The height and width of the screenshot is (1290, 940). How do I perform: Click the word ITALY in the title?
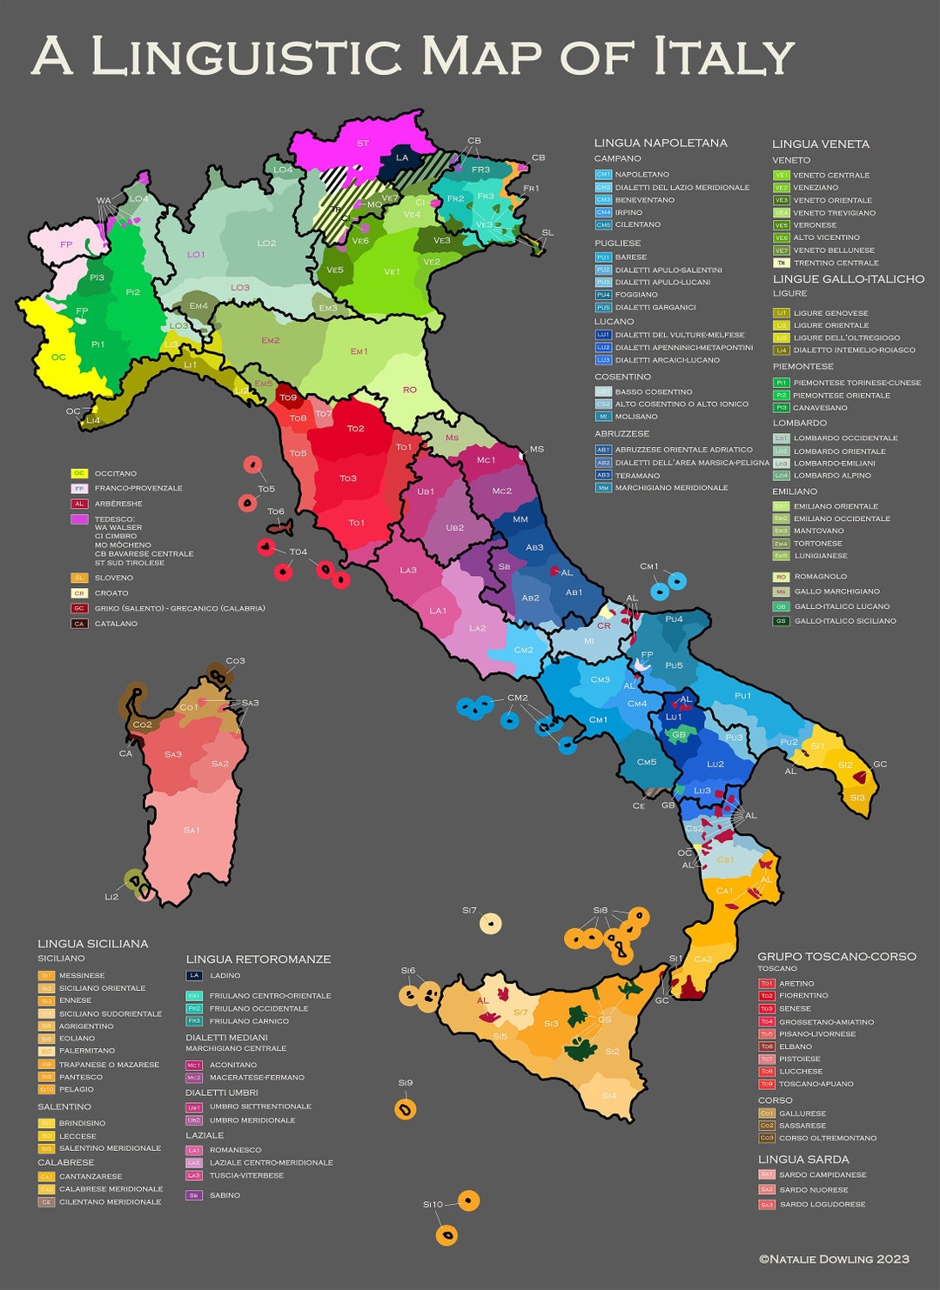pos(724,57)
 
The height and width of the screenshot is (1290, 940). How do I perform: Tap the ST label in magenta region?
pos(363,144)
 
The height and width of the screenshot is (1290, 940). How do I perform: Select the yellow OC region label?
pos(58,357)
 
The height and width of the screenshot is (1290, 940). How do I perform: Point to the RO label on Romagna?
pos(410,390)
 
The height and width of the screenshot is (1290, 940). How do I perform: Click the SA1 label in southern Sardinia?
pos(191,830)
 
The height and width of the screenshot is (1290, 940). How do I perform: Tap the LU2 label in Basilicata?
pos(715,764)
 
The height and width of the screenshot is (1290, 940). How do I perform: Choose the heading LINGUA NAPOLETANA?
pos(661,143)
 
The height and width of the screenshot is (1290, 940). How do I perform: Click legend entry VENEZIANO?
pos(816,187)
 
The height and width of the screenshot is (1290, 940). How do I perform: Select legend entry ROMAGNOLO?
pos(820,576)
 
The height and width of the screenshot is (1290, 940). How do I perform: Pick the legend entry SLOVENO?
pos(114,578)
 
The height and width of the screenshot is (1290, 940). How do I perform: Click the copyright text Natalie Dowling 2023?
pos(834,1259)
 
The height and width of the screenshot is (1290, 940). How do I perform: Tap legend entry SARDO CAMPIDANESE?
pos(822,1174)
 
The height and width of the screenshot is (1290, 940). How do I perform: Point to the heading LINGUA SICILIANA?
pos(93,943)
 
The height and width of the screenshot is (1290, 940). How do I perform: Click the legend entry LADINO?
pos(225,975)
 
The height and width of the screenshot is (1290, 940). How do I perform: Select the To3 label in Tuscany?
pos(348,478)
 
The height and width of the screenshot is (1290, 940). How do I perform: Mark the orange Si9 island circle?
pos(406,1108)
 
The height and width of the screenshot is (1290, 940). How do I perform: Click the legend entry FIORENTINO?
pos(803,995)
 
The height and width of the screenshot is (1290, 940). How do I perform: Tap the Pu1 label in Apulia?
pos(742,696)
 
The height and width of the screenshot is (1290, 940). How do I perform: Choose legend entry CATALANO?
pos(116,624)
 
